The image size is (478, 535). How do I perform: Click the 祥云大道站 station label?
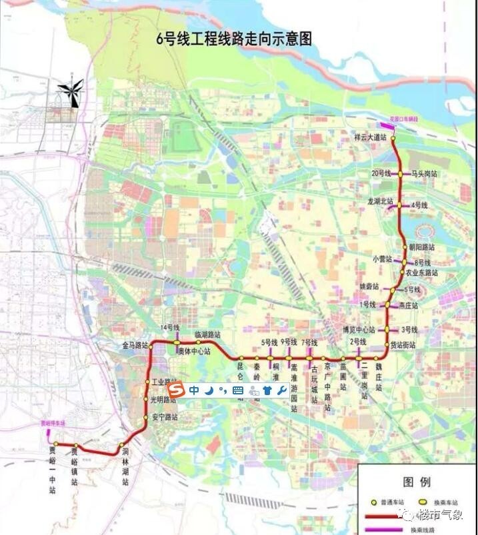[x=371, y=137]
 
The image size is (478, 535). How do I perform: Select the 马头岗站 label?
[x=425, y=173]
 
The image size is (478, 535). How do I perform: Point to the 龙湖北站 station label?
[x=380, y=201]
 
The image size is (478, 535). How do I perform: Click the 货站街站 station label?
[x=403, y=345]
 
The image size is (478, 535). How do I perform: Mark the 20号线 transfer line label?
[x=381, y=173]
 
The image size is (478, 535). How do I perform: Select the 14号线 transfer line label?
[x=171, y=328]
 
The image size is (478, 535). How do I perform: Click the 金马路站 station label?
[x=134, y=345]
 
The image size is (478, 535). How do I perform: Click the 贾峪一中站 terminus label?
[x=53, y=469]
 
